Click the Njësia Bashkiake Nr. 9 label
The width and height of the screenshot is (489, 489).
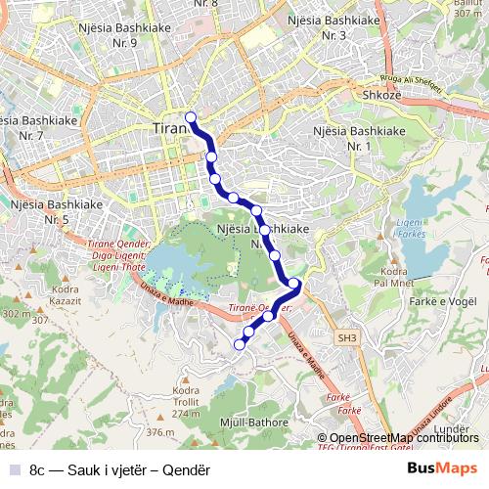click(125, 34)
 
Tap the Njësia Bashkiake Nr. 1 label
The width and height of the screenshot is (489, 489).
click(358, 138)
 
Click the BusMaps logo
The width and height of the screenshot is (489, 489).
click(441, 468)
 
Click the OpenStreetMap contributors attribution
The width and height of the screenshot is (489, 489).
click(403, 438)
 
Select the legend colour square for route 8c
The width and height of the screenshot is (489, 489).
click(15, 468)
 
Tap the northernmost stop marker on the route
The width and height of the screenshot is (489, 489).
click(191, 118)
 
